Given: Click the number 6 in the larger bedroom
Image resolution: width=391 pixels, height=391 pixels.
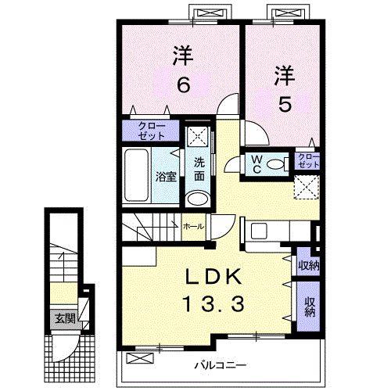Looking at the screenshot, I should pyautogui.click(x=182, y=84).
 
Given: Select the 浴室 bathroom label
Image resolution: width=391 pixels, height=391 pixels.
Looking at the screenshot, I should pyautogui.click(x=165, y=177).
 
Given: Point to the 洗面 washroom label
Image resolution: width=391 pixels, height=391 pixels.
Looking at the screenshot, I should pyautogui.click(x=199, y=168).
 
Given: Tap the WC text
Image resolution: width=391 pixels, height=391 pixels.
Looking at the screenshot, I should pyautogui.click(x=256, y=163).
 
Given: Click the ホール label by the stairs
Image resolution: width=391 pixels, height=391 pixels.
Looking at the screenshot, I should pyautogui.click(x=192, y=226).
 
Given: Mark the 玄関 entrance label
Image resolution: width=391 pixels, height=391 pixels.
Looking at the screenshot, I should pyautogui.click(x=64, y=318).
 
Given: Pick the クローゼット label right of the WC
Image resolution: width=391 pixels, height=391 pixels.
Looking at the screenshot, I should pyautogui.click(x=309, y=162).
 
